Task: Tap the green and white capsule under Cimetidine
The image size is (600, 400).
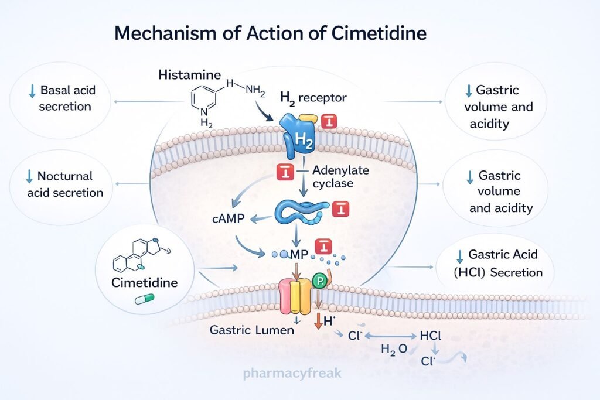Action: pos(143,299)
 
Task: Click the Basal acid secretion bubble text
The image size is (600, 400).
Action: pos(68,98)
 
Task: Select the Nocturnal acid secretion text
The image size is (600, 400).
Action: pos(65,184)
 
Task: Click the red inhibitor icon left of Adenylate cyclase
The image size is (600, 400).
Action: pos(284,172)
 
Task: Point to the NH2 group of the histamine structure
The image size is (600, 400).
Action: pos(254,90)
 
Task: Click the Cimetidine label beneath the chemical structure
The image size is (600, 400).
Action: pos(145,282)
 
